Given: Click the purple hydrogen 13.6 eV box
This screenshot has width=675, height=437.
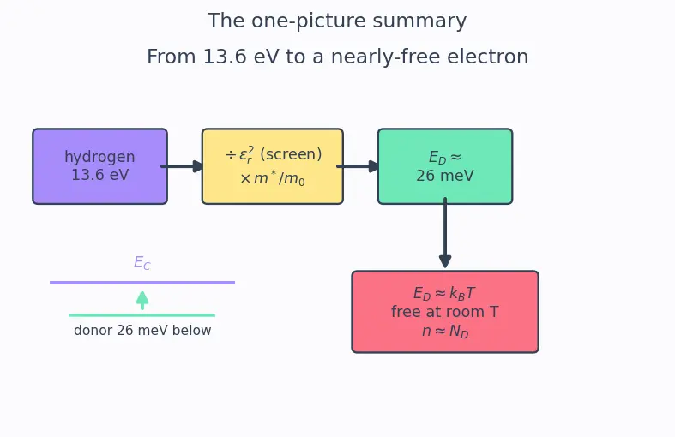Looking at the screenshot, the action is coord(99,166).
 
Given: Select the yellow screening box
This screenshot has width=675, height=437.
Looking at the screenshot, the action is coord(273,166).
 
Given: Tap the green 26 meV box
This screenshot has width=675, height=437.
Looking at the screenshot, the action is coord(445,166).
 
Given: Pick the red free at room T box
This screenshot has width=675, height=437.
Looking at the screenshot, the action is coord(445,312).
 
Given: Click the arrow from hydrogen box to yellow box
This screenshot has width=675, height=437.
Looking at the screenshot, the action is coord(182,166).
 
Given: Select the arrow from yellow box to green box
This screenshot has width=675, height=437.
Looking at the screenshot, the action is coord(358,166).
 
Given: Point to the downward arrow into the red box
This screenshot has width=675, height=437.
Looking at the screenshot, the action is coord(445,233).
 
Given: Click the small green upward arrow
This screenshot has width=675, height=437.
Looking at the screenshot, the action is coord(142,300).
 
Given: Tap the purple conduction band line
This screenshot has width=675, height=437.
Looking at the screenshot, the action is coord(142,283).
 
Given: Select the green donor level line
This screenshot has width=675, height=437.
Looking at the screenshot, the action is coord(142,315).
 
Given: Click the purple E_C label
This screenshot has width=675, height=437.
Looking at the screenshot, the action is coord(142,262).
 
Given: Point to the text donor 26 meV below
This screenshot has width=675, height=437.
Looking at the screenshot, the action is coord(142,331).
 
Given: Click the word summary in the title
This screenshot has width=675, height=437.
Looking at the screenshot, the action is coord(419,21).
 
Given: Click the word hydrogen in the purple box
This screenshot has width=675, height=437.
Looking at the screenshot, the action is coord(99,157).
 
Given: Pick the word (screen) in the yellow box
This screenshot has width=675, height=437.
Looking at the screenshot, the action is coord(291,154).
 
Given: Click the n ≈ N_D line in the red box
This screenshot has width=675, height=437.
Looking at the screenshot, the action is coord(445,332).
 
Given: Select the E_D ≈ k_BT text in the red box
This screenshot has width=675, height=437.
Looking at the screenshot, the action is coord(444,293).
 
